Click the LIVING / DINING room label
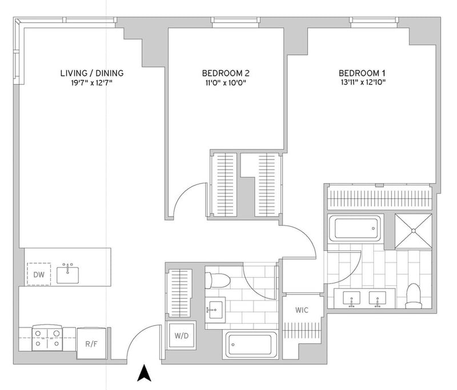pos(92,73)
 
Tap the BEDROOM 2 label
pos(226,73)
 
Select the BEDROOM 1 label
pos(362,73)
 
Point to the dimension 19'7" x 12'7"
pos(92,83)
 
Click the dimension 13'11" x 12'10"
pos(363,82)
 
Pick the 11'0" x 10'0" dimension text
pos(226,83)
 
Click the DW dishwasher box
pos(39,274)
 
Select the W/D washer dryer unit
pos(182,336)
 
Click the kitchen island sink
pos(67,274)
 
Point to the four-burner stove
pos(47,338)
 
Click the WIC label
pos(302,310)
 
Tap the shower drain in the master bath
pos(413,231)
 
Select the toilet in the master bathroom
pos(414,296)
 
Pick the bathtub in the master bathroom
pos(355,228)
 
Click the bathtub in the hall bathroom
pos(250,344)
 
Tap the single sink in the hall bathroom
pos(215,310)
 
